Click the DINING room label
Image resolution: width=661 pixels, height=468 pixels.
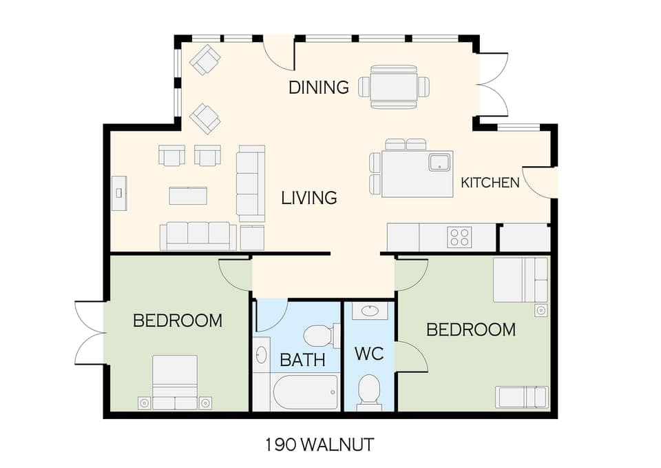318,88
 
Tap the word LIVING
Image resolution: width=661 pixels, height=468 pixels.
309,198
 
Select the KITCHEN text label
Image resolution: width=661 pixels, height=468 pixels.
490,183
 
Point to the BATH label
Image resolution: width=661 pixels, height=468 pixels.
297,360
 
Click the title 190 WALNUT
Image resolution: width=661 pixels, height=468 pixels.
319,445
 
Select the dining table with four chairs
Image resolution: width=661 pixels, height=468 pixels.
393,87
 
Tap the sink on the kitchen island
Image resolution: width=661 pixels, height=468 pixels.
439,163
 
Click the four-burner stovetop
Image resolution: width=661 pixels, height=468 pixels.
459,237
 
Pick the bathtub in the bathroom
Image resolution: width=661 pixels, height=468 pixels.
305,391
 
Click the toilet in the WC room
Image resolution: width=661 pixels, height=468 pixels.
369,391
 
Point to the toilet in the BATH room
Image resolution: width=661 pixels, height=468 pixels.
319,336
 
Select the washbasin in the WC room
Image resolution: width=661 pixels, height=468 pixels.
369,311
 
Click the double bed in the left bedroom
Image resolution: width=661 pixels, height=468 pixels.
174,382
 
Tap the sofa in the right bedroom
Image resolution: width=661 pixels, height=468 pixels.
522,397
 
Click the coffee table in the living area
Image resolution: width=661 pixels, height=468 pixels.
188,196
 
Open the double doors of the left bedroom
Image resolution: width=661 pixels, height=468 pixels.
90,333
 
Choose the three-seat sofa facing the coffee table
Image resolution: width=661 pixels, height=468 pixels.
198,235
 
